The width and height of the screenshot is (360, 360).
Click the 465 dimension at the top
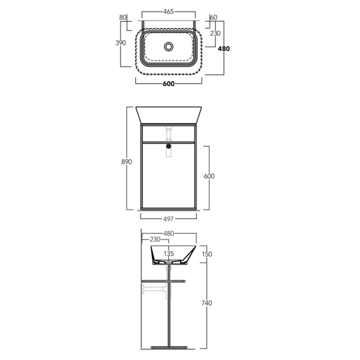click(169, 11)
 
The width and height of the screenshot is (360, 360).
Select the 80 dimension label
click(123, 17)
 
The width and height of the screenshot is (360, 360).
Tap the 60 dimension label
click(213, 17)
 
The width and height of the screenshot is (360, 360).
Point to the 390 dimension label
click(120, 43)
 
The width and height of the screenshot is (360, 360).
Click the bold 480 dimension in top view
click(224, 49)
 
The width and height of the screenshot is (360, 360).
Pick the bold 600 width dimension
click(169, 84)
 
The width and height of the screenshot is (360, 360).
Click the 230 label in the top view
click(215, 33)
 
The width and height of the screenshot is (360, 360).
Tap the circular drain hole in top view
click(169, 47)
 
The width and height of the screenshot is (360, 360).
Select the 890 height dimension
click(127, 162)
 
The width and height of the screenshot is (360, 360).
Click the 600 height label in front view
click(209, 176)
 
